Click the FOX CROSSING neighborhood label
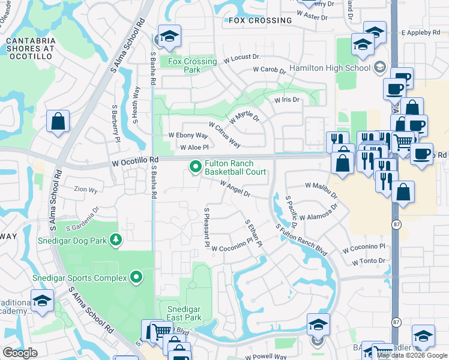coord(260,20)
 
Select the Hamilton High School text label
coord(330,68)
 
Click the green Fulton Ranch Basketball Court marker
coord(196,167)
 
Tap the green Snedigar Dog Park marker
coord(115,241)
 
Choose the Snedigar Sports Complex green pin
coord(137,277)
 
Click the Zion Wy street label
coord(85,190)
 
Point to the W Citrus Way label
coord(224,136)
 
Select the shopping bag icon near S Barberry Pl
coord(58,122)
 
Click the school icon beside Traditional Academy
coord(42,301)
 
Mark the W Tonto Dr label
coord(364,261)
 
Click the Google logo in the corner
coord(20,353)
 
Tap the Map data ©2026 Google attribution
coord(412,355)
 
